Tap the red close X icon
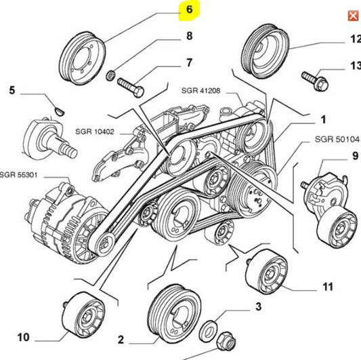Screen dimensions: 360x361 click(x=352, y=16)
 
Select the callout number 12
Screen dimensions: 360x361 click(x=354, y=40)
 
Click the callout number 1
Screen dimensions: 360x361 click(x=324, y=119)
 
